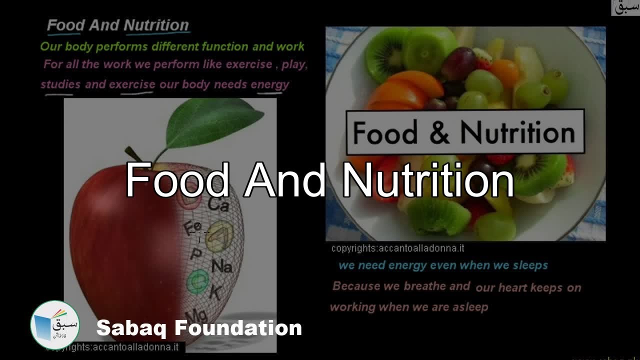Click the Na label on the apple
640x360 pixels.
(x=221, y=266)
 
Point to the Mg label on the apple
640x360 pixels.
(x=199, y=315)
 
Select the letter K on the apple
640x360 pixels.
(x=215, y=292)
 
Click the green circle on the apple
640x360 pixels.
(x=197, y=281)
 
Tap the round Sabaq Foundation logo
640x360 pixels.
(x=55, y=325)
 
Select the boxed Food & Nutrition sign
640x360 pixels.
(x=464, y=132)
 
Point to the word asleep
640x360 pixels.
(x=470, y=307)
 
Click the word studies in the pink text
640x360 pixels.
(x=60, y=84)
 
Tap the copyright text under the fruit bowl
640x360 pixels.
(x=397, y=248)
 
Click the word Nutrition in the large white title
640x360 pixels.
(x=428, y=180)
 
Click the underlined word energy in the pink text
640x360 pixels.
(x=269, y=84)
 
